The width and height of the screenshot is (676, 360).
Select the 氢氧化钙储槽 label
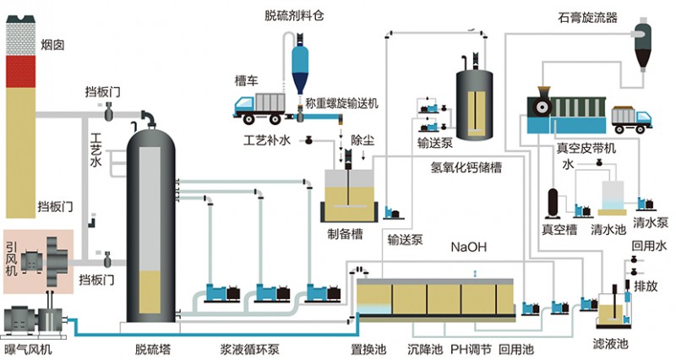[x=465, y=167]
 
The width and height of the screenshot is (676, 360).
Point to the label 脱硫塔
[x=153, y=348]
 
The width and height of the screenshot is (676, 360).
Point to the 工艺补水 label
[x=267, y=139]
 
